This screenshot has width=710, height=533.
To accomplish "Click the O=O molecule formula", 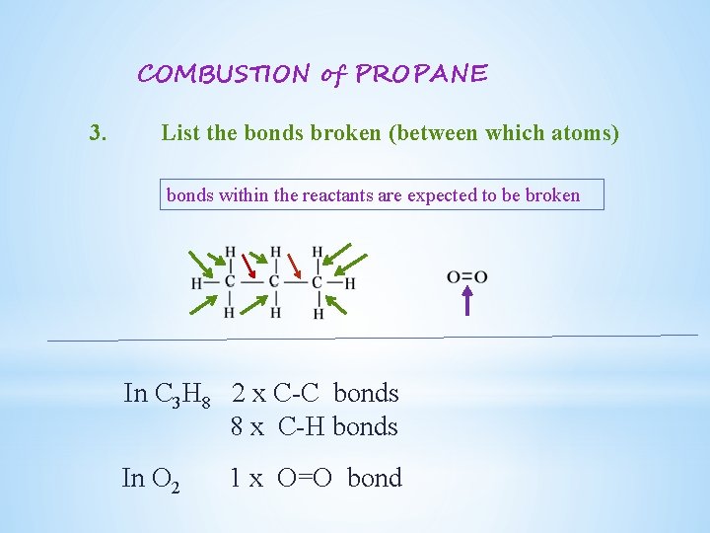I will (467, 277).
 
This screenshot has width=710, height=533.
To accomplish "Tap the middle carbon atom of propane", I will (274, 282).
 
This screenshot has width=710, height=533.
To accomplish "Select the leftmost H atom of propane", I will (196, 283).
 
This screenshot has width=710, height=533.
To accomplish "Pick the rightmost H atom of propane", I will (350, 283).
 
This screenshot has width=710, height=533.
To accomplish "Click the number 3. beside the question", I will (98, 132).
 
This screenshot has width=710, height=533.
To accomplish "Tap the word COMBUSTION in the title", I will (224, 74).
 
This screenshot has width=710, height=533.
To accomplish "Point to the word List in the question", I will (181, 132).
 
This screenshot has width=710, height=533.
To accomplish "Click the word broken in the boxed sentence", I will (554, 195).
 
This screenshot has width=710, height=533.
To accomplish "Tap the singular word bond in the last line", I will (375, 479).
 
